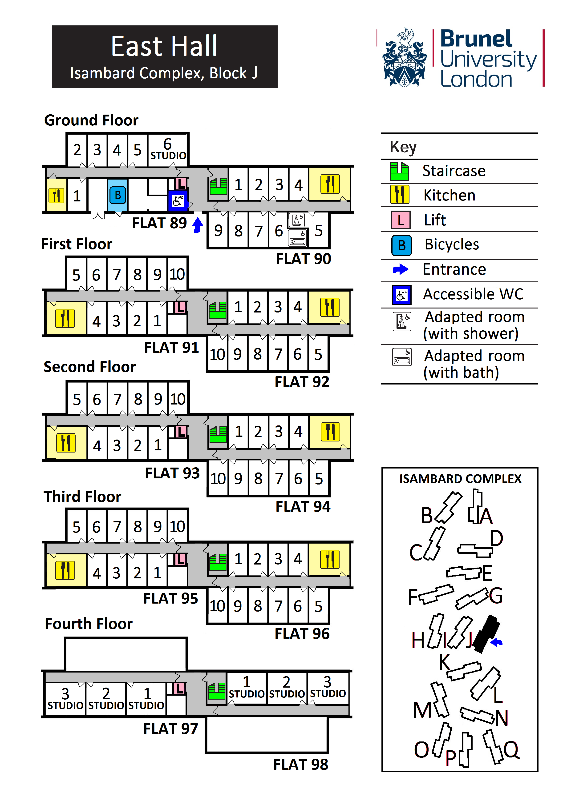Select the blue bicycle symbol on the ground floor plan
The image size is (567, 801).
[x=118, y=195]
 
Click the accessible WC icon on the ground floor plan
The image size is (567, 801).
[x=178, y=200]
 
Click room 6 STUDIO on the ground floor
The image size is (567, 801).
[x=168, y=150]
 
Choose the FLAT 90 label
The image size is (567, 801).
[x=304, y=259]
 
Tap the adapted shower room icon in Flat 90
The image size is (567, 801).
[x=296, y=220]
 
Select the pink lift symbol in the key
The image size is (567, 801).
[x=401, y=220]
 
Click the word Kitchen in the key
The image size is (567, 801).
[x=449, y=195]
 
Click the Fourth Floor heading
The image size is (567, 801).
[x=89, y=624]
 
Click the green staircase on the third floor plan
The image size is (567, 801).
[x=218, y=562]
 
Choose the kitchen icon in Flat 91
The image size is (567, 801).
[x=65, y=318]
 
